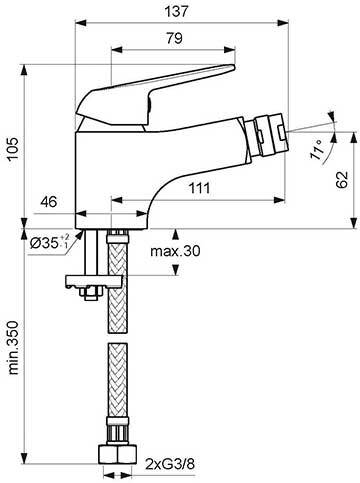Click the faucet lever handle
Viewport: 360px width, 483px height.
coord(170,85)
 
